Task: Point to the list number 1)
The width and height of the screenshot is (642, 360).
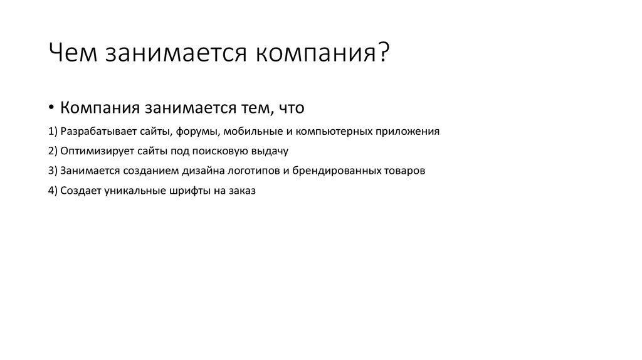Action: [52, 132]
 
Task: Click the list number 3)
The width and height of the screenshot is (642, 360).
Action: [52, 171]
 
